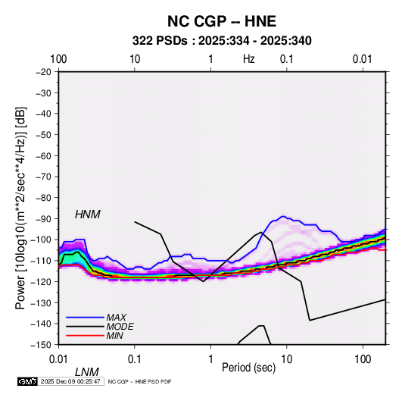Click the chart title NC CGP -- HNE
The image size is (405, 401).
tap(222, 21)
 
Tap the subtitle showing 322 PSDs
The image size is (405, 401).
tap(222, 41)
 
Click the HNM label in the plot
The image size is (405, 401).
tap(88, 215)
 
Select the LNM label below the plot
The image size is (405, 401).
tap(87, 372)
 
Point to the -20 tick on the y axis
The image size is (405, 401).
tap(43, 72)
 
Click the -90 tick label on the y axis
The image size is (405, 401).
tap(43, 219)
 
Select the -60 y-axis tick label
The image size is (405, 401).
tap(43, 155)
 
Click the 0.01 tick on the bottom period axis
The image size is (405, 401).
tap(58, 359)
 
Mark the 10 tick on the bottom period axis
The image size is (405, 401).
tap(287, 359)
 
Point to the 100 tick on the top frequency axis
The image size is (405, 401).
tap(58, 59)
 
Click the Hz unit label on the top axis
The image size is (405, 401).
tap(249, 59)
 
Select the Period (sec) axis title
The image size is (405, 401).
tap(249, 368)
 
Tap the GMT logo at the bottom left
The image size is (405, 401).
tap(28, 381)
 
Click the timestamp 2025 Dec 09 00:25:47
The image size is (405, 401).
tap(70, 381)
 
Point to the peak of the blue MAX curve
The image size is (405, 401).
tap(283, 216)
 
